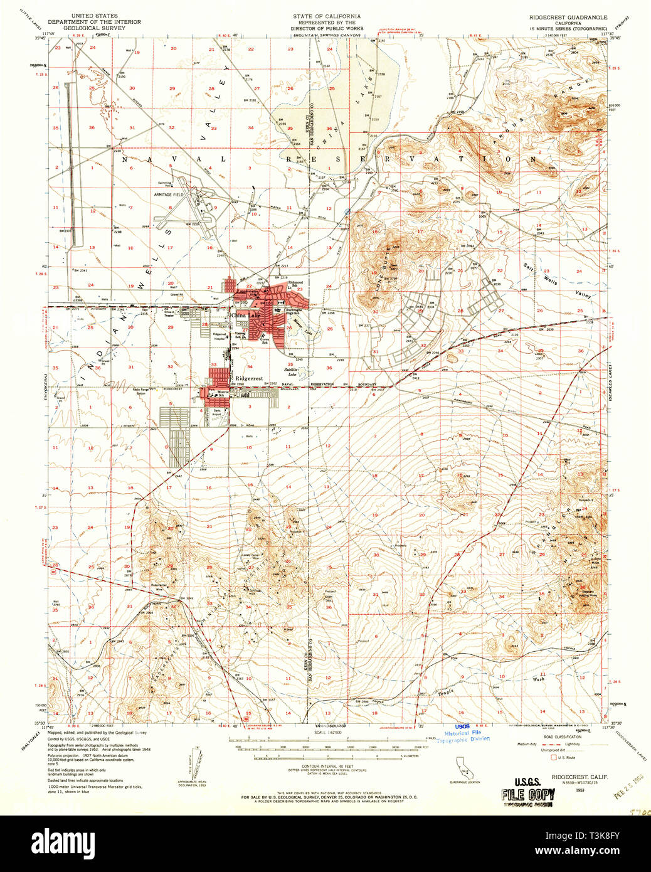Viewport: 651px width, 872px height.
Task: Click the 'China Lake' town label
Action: pos(244,315)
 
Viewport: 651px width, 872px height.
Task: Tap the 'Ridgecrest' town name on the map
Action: pos(250,378)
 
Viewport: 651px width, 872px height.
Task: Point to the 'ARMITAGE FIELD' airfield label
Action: pos(169,195)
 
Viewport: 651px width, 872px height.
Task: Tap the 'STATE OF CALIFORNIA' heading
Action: pos(326,16)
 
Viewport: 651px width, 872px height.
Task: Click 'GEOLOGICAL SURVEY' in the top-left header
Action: pos(94,28)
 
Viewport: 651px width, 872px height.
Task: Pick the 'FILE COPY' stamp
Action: pos(527,794)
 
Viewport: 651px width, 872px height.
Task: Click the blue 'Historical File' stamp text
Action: pos(463,733)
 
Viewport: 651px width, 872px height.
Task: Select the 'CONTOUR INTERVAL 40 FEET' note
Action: pos(326,767)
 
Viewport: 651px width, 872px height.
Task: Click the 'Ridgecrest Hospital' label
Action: pos(219,336)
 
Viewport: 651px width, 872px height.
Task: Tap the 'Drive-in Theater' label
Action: pos(169,314)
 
